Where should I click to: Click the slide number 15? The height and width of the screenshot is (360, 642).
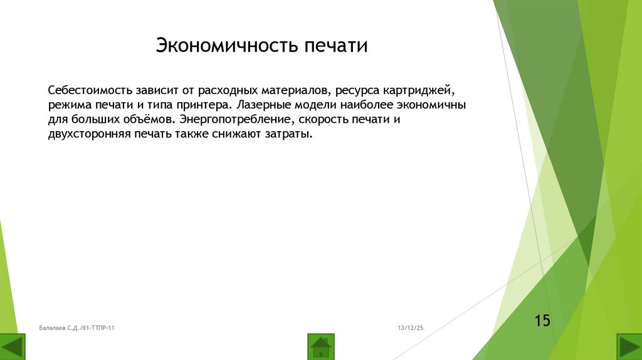542,321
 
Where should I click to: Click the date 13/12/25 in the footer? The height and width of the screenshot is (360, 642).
410,328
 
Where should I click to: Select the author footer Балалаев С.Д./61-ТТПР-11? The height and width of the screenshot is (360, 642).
76,328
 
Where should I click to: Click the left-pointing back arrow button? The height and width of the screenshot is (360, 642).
13,347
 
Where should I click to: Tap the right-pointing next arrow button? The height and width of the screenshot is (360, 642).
629,347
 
